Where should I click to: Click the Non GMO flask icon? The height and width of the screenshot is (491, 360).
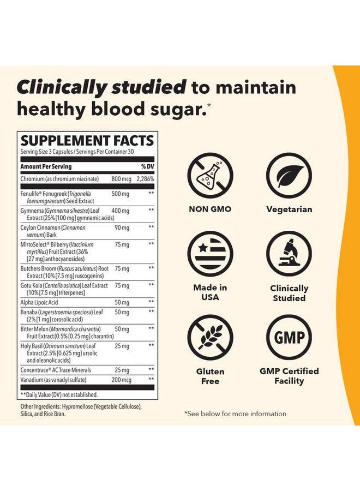pos(210,175)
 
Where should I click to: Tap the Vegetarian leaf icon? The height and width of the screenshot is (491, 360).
pos(289,175)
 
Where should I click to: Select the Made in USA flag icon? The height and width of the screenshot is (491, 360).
pos(210,254)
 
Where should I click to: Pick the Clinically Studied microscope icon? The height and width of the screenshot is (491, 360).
pos(289,254)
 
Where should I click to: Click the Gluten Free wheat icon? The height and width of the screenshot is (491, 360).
pos(210,337)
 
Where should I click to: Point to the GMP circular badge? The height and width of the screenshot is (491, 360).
pos(289,337)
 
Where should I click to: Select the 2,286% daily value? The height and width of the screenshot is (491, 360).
pos(145,178)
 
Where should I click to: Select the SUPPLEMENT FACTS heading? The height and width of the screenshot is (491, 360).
pos(87,140)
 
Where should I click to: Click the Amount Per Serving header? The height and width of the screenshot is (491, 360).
pos(46,166)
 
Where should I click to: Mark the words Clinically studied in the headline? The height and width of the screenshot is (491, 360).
pos(101,87)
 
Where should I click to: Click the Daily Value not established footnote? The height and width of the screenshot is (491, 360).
pos(59,394)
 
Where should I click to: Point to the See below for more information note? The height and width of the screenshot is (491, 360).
pos(235,414)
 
